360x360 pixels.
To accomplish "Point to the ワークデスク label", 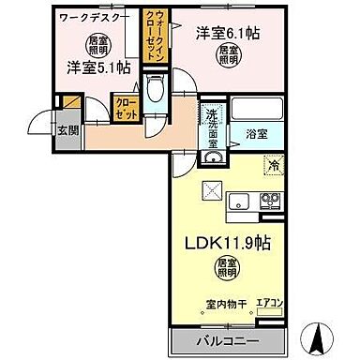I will pos(93,17).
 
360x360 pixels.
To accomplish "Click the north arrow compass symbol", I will pos(320,335).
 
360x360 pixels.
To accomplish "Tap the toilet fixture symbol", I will pos(157,93).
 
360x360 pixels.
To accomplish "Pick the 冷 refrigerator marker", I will pos(274,166).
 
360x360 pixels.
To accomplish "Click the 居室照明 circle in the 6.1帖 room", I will pos(228,54).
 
